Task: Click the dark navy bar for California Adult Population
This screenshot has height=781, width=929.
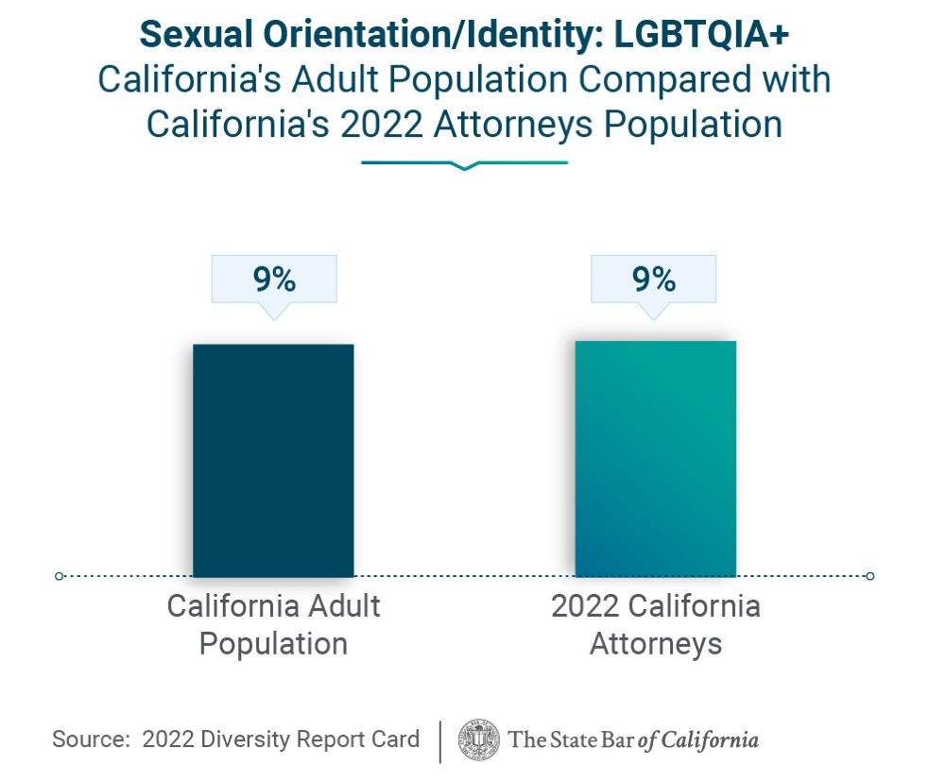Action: pos(273,460)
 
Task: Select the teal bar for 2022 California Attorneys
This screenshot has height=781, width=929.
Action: pos(655,458)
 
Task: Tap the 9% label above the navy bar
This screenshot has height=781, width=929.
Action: pos(274,280)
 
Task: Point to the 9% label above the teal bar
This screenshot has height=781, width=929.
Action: pos(653,280)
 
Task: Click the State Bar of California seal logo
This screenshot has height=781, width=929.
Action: pos(479,739)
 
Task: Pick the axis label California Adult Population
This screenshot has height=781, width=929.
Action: pos(273,624)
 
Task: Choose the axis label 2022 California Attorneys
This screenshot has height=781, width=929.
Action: pos(655,624)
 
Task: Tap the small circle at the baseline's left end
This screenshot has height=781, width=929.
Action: pos(60,576)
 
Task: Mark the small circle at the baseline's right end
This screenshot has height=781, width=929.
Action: pos(869,576)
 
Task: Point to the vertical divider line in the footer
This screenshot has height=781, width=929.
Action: pos(440,740)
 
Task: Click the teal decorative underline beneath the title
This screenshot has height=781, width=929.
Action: pos(464,164)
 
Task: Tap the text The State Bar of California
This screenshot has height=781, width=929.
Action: pos(633,739)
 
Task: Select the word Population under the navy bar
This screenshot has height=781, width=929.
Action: pos(273,644)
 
